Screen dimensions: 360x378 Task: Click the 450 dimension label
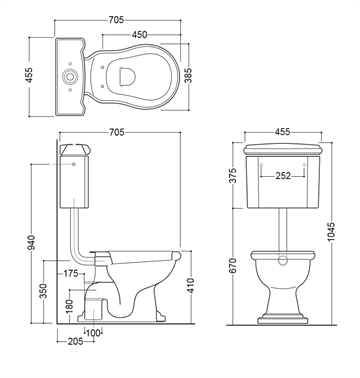click(x=140, y=34)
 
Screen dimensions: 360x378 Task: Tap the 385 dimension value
click(x=188, y=76)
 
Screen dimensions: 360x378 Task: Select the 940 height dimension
click(x=31, y=243)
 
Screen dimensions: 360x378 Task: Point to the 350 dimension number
click(x=43, y=291)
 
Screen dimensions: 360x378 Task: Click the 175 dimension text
click(x=71, y=274)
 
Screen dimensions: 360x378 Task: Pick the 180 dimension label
click(x=69, y=307)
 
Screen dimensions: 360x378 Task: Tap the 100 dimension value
click(x=93, y=333)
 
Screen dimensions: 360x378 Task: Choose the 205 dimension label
click(x=75, y=341)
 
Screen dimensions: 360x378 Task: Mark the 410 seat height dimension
click(x=190, y=285)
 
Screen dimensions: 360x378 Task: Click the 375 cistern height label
click(x=233, y=175)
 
